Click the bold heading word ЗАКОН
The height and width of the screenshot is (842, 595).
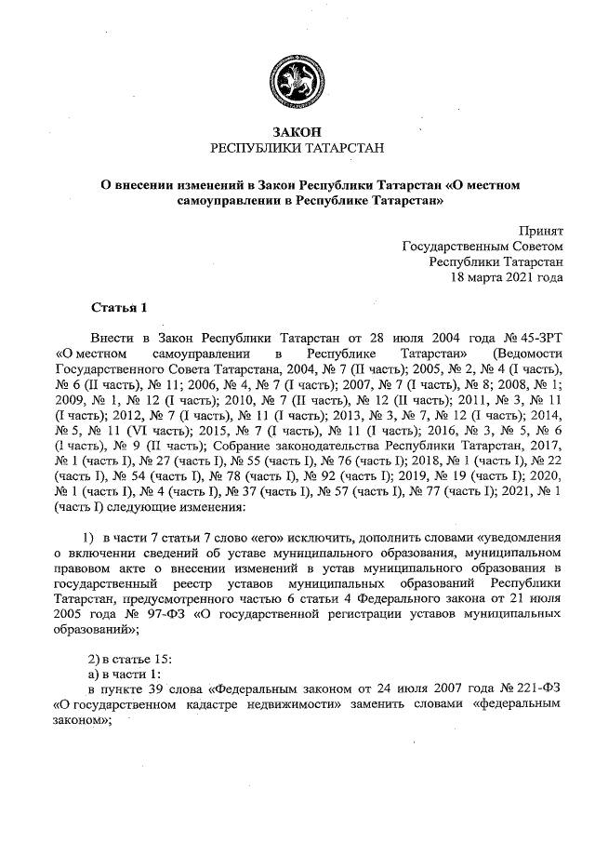(x=297, y=131)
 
